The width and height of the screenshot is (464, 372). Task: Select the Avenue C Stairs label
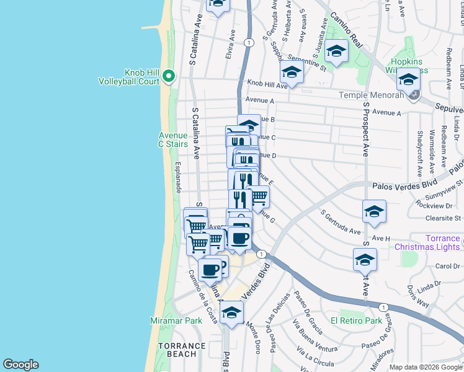(172, 139)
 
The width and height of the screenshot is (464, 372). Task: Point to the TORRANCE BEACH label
(181, 350)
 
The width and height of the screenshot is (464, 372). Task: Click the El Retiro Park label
(356, 321)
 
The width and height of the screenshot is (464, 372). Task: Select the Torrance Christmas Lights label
(443, 242)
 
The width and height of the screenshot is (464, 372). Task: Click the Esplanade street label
(177, 177)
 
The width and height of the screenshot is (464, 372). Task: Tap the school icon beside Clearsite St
(374, 211)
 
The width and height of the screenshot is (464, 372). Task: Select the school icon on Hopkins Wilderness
(409, 80)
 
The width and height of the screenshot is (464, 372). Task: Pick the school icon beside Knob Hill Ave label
(291, 72)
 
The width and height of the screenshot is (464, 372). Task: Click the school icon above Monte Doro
(231, 312)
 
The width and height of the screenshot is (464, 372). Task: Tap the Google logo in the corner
(20, 365)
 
